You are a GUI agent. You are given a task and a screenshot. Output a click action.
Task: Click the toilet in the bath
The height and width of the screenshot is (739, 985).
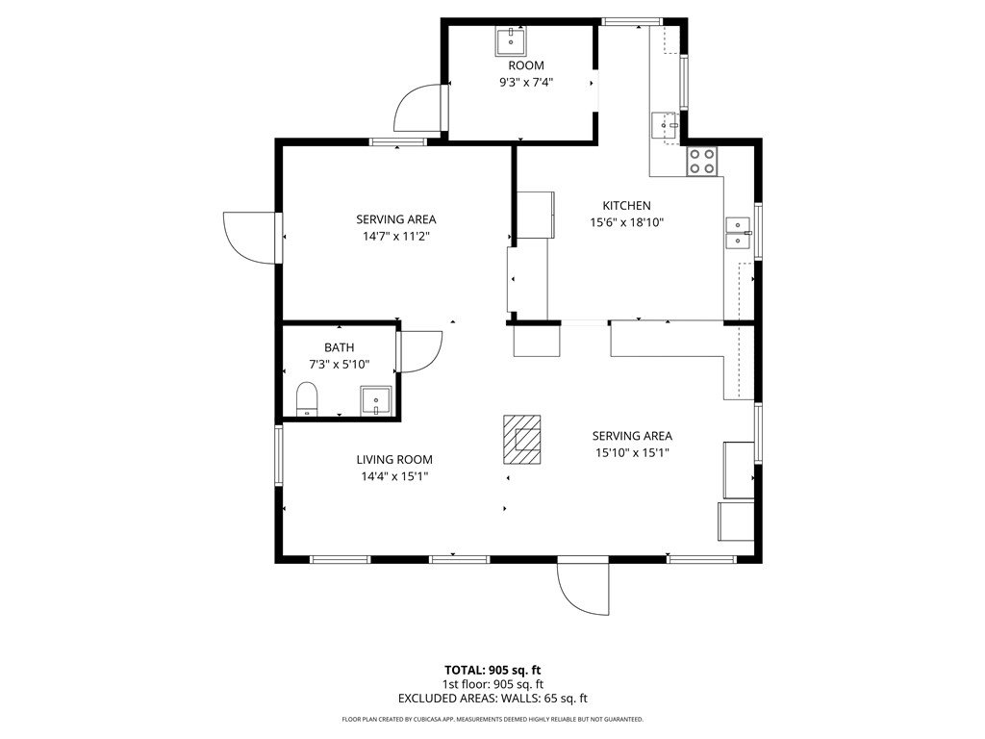(307, 398)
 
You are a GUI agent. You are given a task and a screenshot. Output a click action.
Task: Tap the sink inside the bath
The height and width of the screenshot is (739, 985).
(375, 401)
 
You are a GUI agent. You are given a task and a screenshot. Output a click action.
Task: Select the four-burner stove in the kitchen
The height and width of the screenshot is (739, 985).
(701, 161)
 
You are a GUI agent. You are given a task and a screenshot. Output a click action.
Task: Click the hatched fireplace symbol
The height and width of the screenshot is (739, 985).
(522, 439)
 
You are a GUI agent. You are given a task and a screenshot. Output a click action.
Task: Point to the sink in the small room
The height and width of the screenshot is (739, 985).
(511, 41)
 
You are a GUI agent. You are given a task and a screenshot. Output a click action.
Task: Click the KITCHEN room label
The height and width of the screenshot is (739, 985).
(626, 206)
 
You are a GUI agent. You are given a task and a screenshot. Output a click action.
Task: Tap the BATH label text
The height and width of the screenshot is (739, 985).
(340, 347)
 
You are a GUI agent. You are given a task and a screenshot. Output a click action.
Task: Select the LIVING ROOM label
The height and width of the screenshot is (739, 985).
(394, 459)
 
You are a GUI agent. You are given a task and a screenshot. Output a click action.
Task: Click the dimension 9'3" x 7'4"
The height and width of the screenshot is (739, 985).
(526, 82)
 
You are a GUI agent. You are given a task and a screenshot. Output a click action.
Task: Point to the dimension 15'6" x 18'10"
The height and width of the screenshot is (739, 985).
(627, 222)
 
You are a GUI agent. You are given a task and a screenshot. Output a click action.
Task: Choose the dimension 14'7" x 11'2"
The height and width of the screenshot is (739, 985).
(395, 237)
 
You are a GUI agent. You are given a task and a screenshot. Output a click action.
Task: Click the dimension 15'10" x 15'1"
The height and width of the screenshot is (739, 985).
(632, 452)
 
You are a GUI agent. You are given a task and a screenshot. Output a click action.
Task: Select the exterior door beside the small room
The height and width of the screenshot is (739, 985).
(417, 108)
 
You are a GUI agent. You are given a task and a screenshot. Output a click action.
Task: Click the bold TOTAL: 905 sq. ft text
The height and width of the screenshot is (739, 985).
(492, 670)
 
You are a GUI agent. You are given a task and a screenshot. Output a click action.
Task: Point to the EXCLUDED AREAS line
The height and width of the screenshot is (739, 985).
(492, 699)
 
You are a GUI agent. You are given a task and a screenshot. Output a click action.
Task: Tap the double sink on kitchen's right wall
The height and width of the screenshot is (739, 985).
(738, 233)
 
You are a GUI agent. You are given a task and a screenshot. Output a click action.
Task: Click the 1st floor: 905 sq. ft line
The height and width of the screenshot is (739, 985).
(493, 684)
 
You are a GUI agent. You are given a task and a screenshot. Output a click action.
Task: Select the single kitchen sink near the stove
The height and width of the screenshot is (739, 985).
(666, 126)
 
